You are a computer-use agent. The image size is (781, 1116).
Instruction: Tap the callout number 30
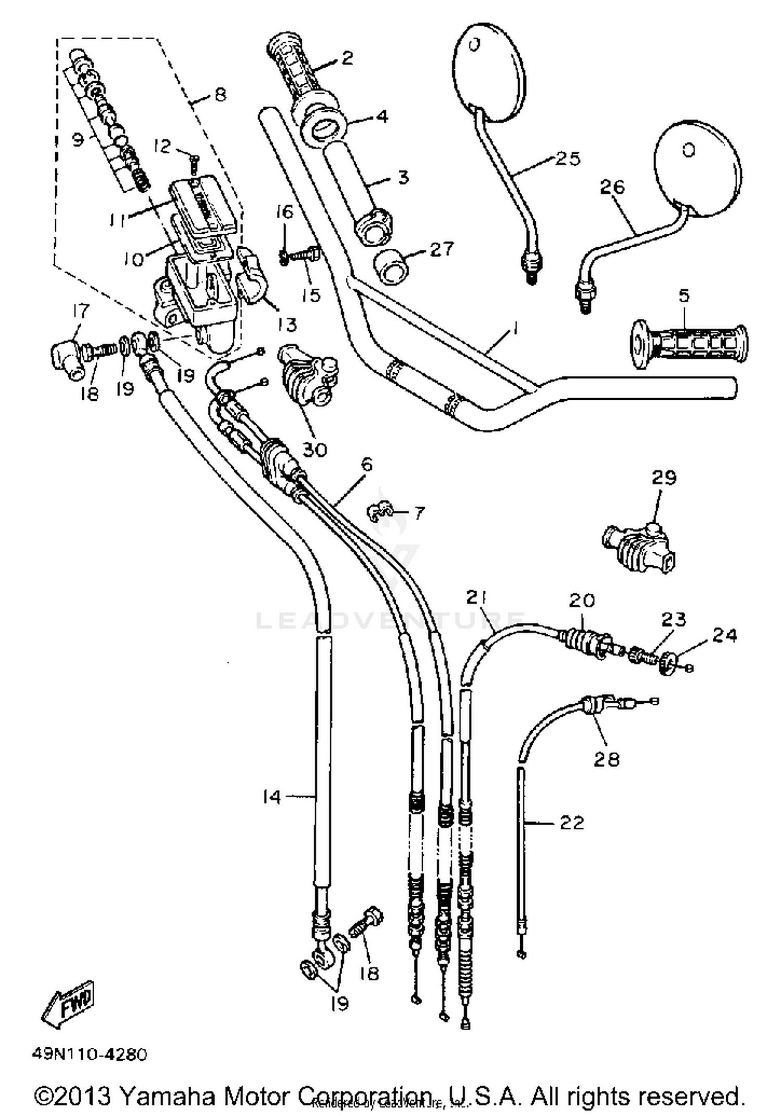pyautogui.click(x=314, y=448)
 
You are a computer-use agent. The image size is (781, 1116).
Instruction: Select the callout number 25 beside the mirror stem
pyautogui.click(x=568, y=158)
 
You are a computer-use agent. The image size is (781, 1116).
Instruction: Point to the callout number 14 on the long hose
pyautogui.click(x=272, y=797)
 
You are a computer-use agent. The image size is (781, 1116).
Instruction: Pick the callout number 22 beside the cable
pyautogui.click(x=572, y=823)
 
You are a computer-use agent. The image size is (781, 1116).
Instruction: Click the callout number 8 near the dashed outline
pyautogui.click(x=220, y=95)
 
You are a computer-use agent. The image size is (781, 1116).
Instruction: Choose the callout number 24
pyautogui.click(x=725, y=636)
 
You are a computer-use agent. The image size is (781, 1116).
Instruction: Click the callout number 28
pyautogui.click(x=607, y=759)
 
